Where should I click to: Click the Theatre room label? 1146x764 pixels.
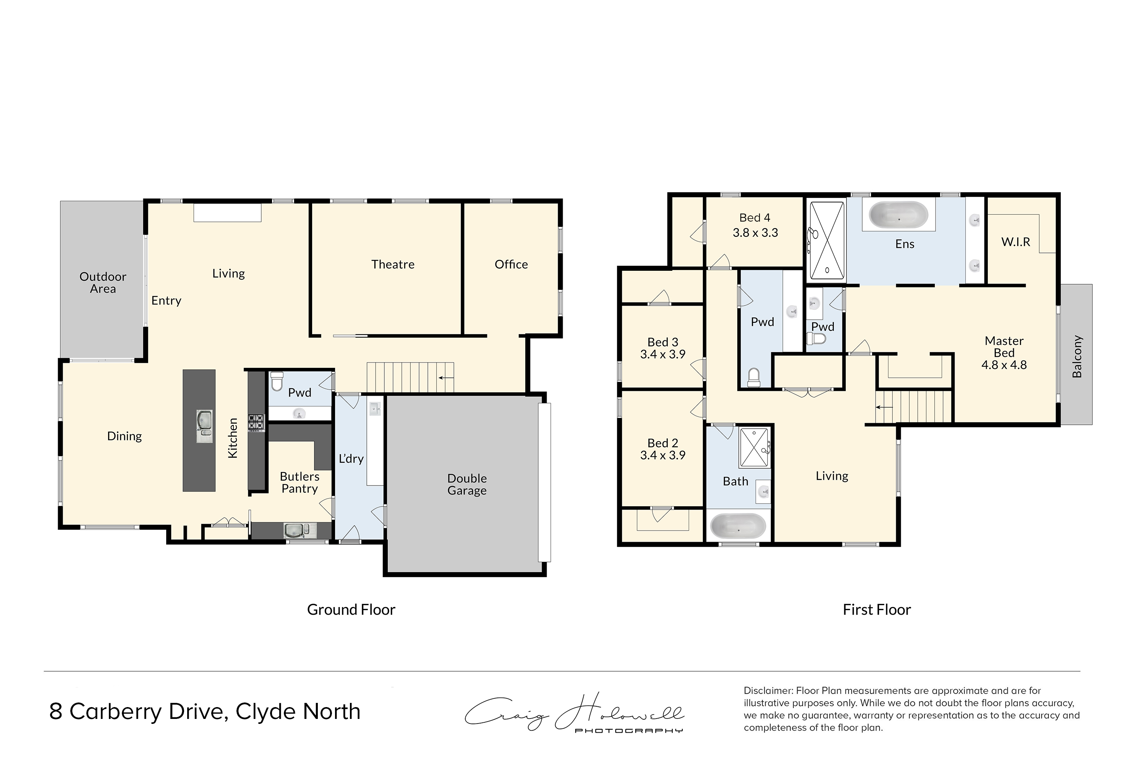click(x=393, y=265)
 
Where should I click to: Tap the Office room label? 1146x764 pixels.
click(x=511, y=265)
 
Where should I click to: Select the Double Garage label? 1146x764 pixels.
click(x=467, y=484)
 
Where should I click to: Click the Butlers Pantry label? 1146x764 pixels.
click(x=299, y=482)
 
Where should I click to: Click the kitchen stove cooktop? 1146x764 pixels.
click(x=256, y=422)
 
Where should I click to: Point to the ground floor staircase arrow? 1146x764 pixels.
click(x=446, y=377)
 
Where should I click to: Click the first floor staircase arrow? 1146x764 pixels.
click(x=884, y=407)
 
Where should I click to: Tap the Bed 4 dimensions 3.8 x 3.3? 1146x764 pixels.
click(x=755, y=233)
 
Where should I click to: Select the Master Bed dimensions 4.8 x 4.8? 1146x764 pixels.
click(x=1004, y=365)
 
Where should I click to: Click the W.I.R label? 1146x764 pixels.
click(x=1015, y=242)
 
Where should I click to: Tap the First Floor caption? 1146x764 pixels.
click(x=877, y=610)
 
